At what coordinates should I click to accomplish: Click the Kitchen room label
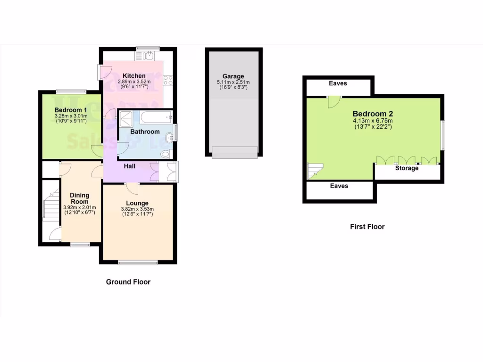coord(134,76)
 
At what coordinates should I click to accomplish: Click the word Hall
coord(130,166)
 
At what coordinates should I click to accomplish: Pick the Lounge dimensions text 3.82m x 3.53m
coord(138,209)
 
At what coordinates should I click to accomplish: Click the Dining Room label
coord(79,198)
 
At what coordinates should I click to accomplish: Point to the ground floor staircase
coord(50,207)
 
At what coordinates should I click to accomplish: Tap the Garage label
coord(233,76)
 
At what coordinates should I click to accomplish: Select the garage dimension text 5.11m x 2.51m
coord(233,82)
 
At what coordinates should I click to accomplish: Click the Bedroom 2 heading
coord(373,114)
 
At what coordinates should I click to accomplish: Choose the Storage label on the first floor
coord(407,168)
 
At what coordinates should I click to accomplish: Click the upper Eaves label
coord(338,83)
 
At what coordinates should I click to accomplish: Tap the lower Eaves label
coord(339,186)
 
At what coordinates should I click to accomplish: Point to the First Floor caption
coord(367,227)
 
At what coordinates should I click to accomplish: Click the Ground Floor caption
coord(128,282)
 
